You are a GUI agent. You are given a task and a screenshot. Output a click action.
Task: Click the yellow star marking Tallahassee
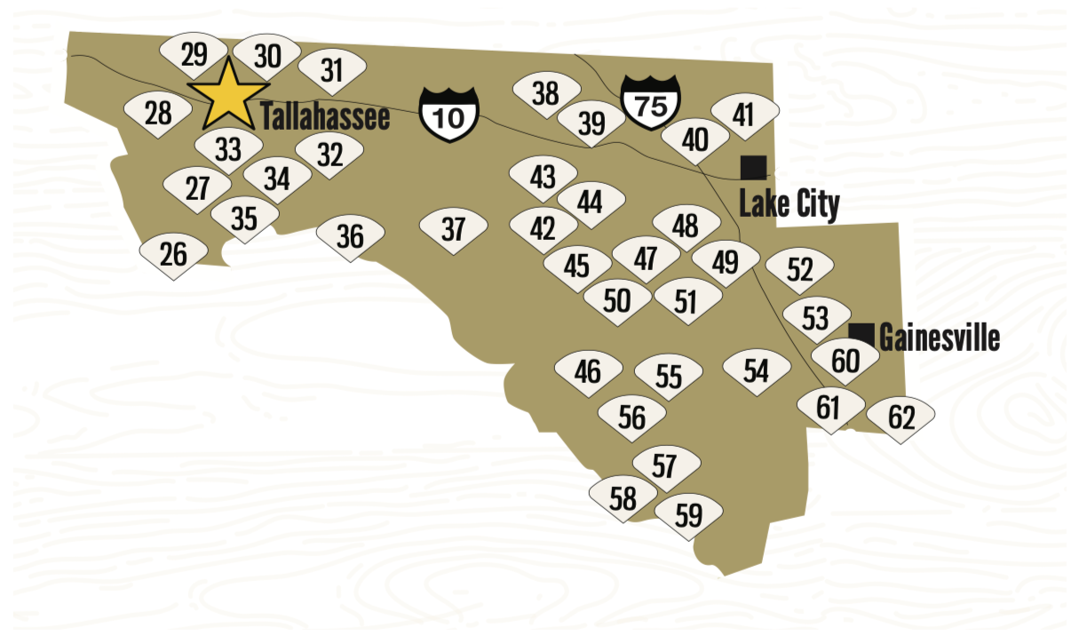coord(228,94)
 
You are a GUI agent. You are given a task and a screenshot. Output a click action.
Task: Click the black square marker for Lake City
coord(753,167)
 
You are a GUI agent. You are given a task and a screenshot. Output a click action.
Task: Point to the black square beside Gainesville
coord(861,335)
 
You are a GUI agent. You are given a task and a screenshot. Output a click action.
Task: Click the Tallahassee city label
coord(325,116)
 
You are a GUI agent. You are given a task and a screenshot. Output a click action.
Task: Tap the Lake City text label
coord(789,204)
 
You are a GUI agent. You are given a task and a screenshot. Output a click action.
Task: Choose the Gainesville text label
coord(939,338)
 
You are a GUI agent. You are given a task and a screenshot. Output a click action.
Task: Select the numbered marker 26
coord(173,255)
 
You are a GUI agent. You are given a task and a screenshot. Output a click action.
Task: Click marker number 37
coord(453,230)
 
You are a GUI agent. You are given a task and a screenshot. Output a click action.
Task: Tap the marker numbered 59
coord(688,515)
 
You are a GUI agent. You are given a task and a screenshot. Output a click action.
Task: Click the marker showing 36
coord(351,237)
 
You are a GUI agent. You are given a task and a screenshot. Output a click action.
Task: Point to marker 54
coord(756,371)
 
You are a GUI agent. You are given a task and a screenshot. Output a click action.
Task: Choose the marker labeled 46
coord(587,371)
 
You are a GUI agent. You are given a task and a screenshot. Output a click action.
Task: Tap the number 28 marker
coord(157,114)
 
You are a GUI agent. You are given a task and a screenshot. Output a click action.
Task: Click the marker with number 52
coord(799,270)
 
